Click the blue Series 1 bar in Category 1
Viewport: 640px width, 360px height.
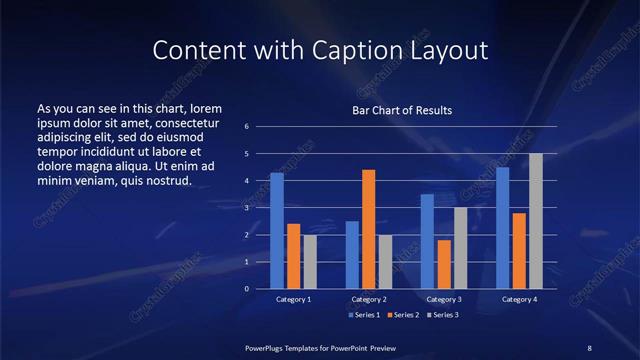[277, 231]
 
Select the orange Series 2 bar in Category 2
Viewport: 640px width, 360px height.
[369, 229]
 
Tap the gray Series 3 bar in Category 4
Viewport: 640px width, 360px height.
[536, 221]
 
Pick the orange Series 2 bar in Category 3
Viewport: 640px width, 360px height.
[444, 264]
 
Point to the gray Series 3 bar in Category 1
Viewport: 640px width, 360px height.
[310, 262]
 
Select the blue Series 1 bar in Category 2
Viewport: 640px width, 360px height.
[352, 255]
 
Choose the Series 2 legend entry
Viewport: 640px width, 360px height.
[402, 315]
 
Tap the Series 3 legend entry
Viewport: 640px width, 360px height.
[442, 315]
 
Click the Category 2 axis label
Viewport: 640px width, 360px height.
[369, 299]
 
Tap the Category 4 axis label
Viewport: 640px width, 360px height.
[519, 299]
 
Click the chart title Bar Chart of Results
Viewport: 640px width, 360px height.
[402, 110]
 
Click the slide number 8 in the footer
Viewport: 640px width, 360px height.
[589, 347]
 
